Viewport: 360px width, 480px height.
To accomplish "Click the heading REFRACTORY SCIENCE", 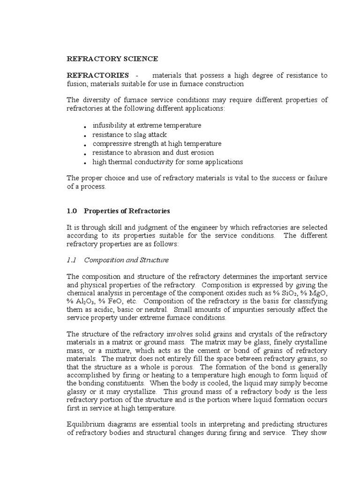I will (x=112, y=59).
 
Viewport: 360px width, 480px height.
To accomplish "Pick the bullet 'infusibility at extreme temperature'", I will (x=147, y=126).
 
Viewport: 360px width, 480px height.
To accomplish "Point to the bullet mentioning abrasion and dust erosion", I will (x=153, y=152).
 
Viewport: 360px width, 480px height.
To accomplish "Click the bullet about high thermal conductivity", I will (x=167, y=162).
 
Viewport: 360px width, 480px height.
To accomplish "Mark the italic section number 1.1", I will (x=72, y=259).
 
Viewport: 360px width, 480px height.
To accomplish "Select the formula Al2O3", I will (x=85, y=301).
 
